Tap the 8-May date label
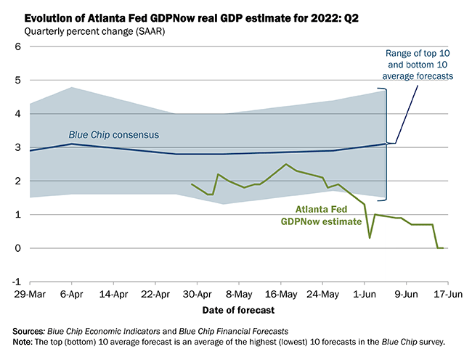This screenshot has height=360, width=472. [x=238, y=295]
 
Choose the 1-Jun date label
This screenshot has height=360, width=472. [x=364, y=295]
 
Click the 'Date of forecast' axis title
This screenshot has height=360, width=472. [x=238, y=311]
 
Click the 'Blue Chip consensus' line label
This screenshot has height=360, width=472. [x=114, y=135]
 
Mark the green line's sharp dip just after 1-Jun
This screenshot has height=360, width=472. [x=370, y=237]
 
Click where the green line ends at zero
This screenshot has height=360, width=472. [x=442, y=248]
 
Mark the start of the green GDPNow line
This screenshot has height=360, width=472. [x=191, y=184]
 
